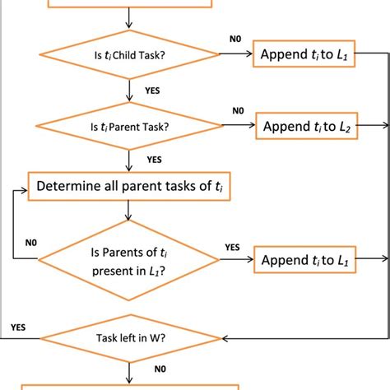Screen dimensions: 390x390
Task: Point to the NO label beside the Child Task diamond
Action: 236,38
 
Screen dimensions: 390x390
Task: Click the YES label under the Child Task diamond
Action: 152,91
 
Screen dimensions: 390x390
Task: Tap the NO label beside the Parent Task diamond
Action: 238,109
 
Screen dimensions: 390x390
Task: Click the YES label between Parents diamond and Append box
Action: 233,246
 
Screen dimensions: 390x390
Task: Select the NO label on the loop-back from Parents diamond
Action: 30,243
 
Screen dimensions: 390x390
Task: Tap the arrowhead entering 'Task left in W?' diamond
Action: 221,337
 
